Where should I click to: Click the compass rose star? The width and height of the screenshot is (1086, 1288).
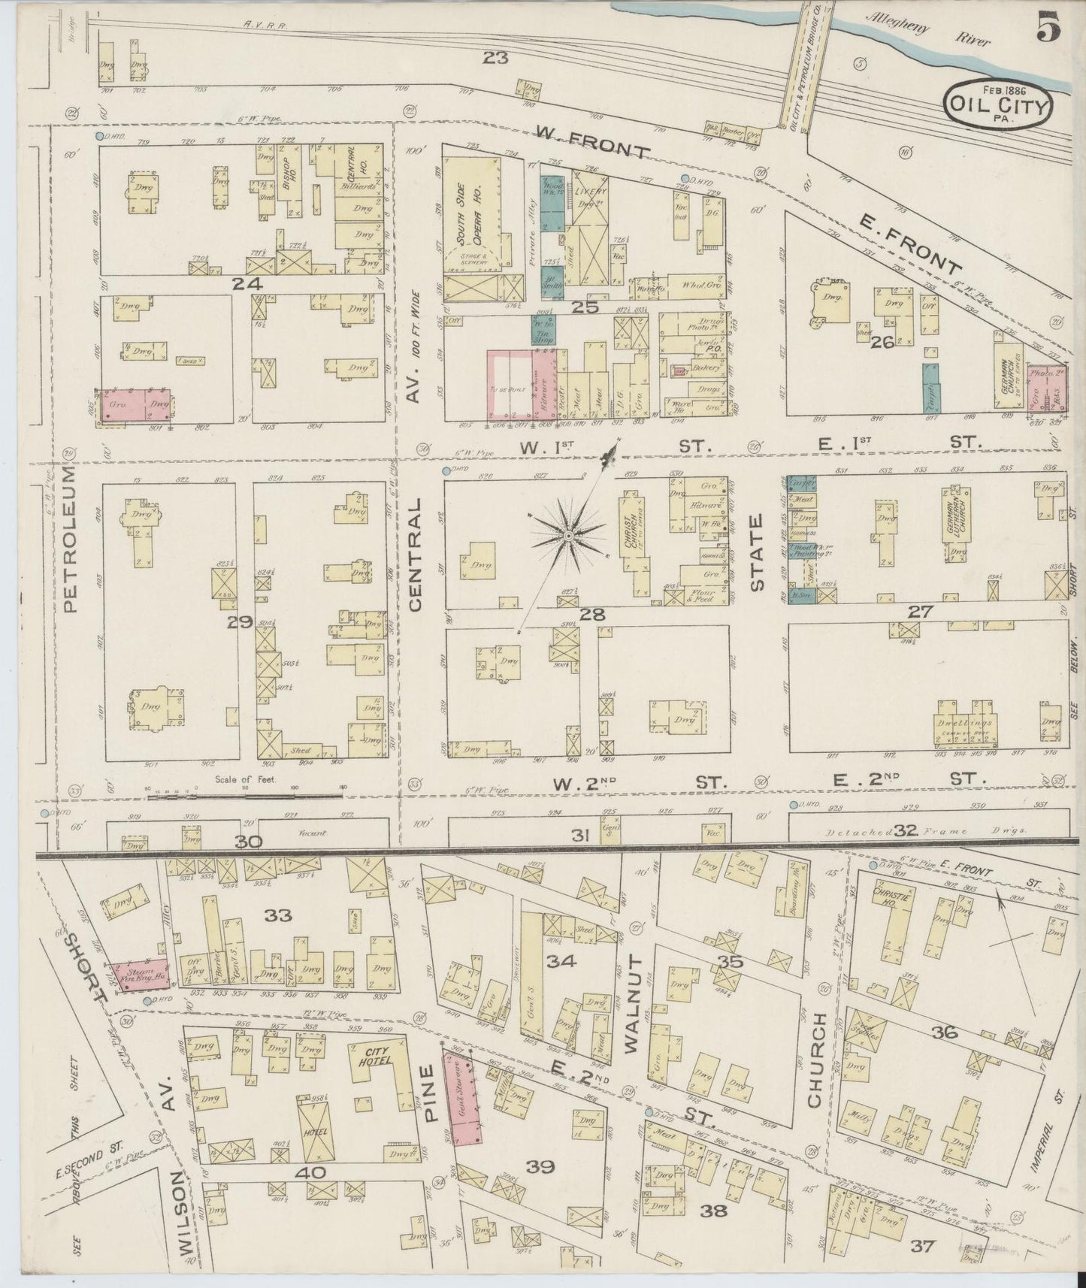(569, 534)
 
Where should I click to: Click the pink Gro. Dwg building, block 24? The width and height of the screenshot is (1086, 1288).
(133, 406)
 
